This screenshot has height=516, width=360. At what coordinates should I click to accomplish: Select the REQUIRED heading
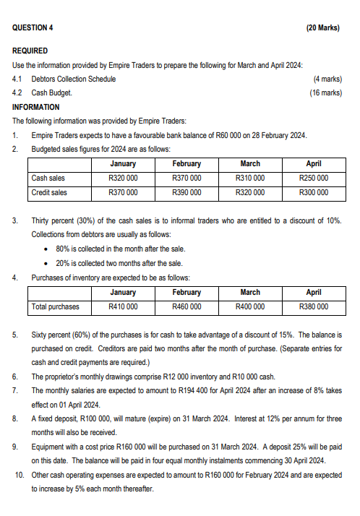(30, 51)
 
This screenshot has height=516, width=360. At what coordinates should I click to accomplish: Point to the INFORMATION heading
(36, 107)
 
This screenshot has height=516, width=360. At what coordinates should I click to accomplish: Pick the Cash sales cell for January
(123, 178)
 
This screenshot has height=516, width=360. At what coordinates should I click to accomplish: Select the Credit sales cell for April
(314, 192)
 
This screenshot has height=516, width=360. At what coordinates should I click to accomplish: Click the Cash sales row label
(48, 178)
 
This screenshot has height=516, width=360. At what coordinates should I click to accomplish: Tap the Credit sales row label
(49, 192)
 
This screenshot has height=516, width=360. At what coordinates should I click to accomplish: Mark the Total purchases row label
(56, 306)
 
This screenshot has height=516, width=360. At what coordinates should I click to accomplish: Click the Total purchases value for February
(187, 306)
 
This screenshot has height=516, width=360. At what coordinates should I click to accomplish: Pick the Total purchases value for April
(314, 306)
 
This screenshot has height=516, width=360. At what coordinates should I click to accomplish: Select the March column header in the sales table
(250, 164)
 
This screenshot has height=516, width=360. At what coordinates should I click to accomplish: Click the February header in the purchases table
(187, 293)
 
